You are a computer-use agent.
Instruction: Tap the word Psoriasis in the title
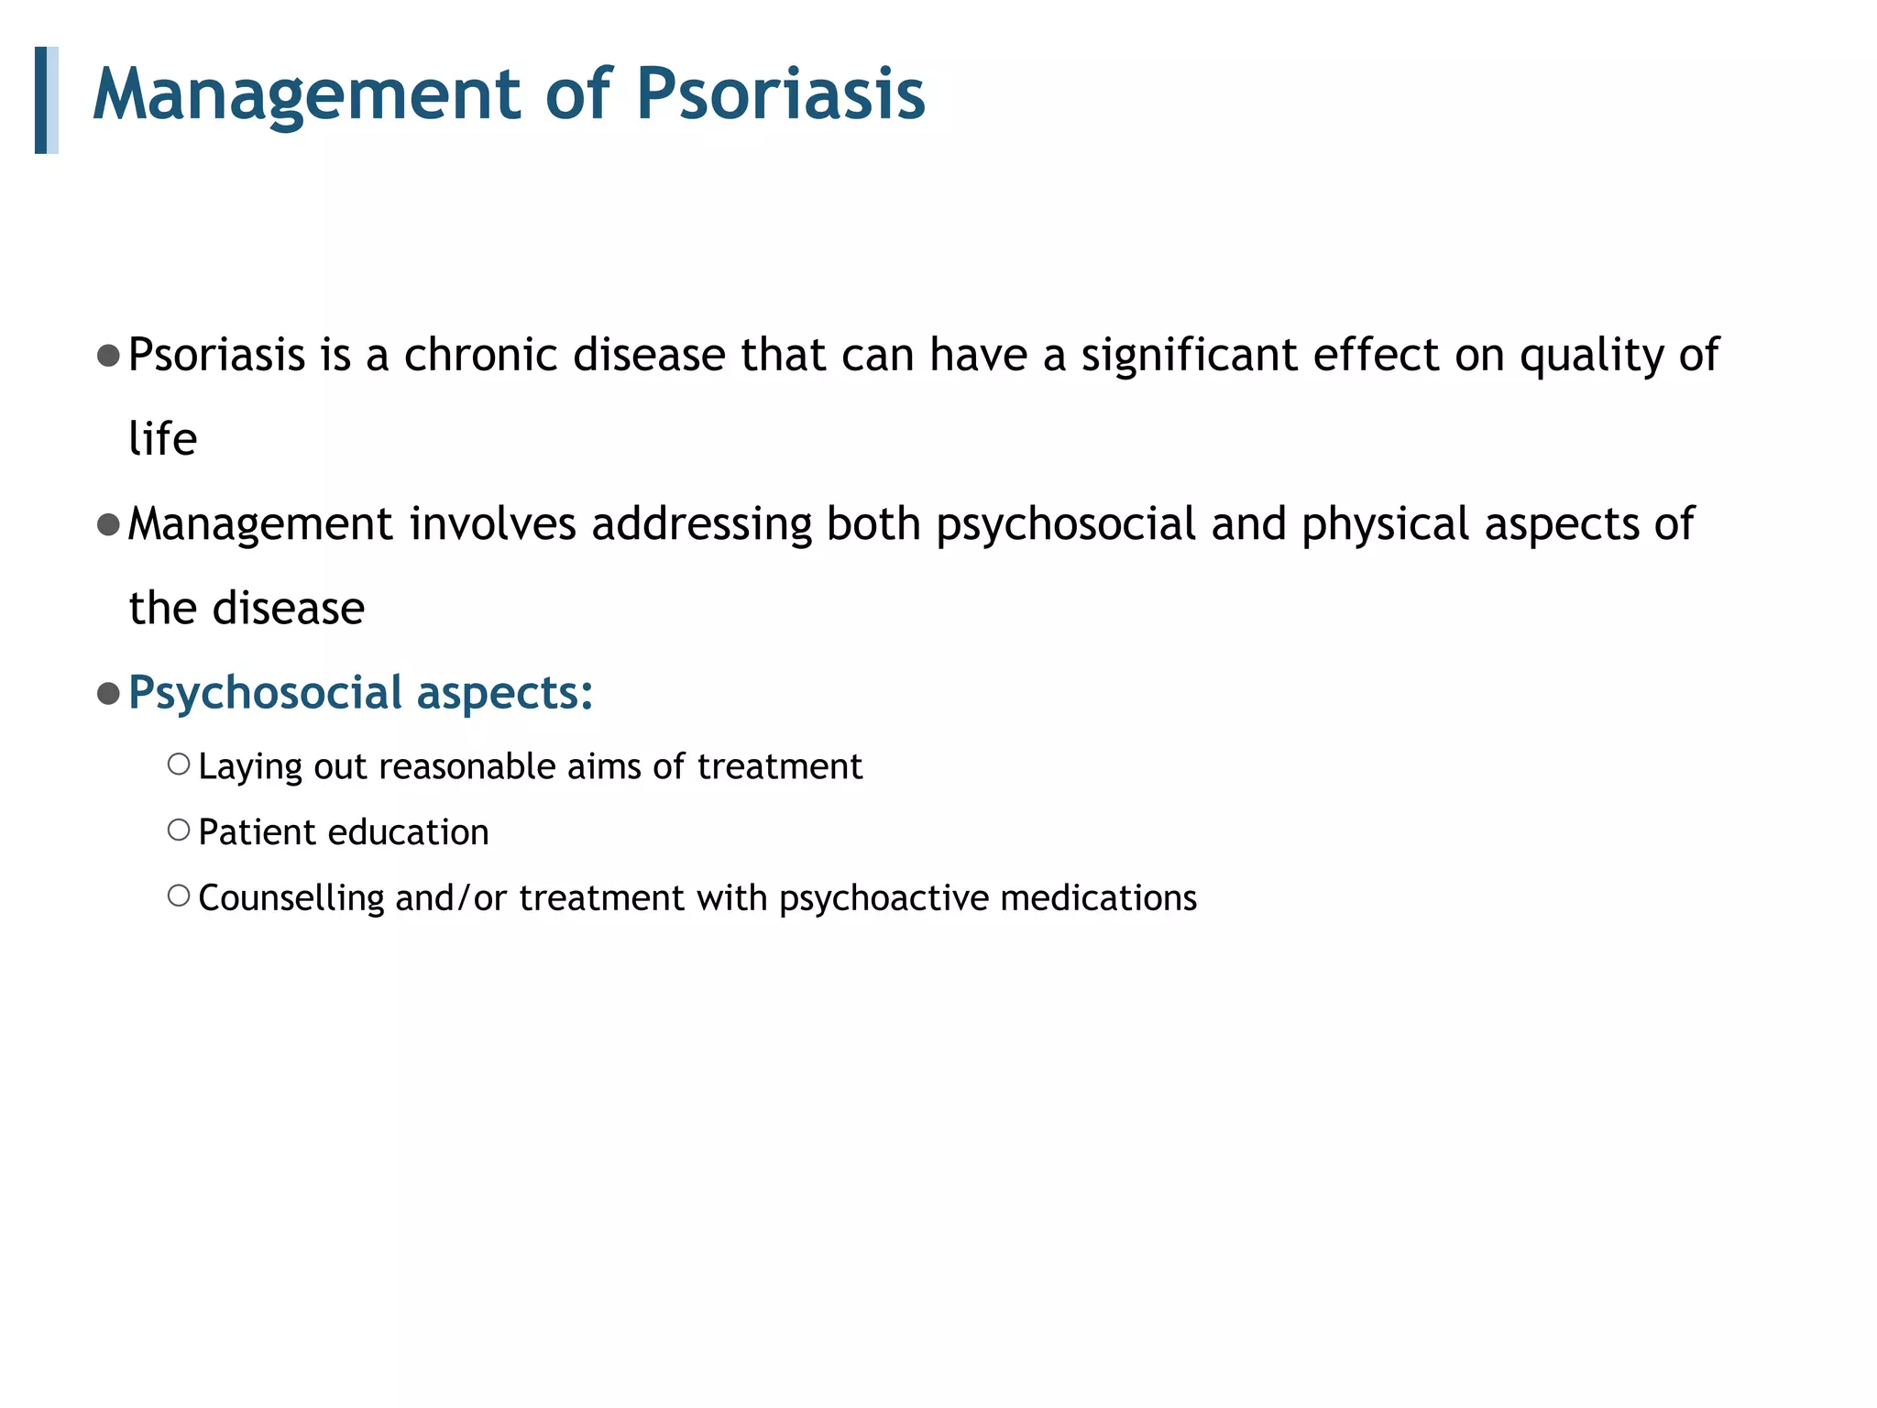(x=780, y=95)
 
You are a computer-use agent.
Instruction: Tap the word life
(x=162, y=439)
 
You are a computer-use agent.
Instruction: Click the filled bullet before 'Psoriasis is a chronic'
(x=108, y=356)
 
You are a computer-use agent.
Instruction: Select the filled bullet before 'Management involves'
(x=108, y=525)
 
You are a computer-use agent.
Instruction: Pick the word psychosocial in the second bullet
(x=1065, y=525)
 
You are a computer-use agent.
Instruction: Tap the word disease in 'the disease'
(x=288, y=609)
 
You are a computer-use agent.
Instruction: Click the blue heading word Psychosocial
(x=265, y=693)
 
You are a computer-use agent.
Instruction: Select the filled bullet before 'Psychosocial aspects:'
(x=108, y=694)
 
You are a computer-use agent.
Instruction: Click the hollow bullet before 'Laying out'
(x=179, y=764)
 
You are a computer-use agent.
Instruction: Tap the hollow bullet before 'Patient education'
(x=179, y=830)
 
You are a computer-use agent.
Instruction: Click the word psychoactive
(x=884, y=898)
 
